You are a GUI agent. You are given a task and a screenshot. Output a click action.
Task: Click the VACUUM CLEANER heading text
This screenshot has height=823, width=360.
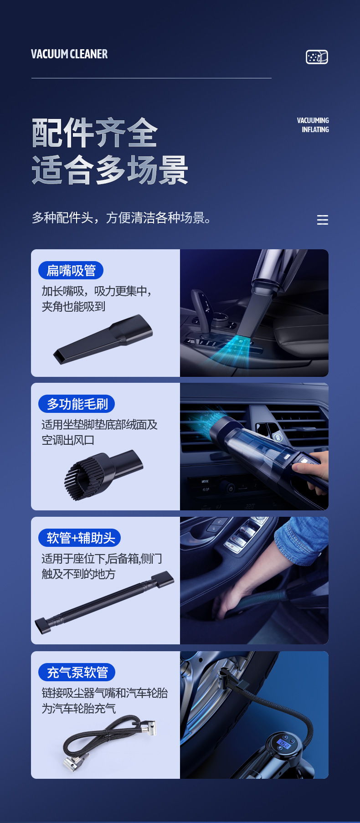pos(69,54)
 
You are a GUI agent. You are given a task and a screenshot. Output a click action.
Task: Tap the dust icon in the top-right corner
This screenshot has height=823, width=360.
pos(317,57)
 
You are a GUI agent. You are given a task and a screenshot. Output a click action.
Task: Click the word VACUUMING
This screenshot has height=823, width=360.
pos(313,120)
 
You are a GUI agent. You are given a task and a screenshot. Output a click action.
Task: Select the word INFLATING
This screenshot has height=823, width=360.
pos(315,129)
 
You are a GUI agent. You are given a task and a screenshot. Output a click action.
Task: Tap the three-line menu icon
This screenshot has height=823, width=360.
pos(323,220)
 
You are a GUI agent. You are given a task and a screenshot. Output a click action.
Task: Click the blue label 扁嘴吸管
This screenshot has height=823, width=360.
pos(71,270)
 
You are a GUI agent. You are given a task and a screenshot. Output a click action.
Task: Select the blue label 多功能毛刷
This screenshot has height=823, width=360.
pos(77,404)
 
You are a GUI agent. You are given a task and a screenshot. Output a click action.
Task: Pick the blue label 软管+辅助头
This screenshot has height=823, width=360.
pos(80,538)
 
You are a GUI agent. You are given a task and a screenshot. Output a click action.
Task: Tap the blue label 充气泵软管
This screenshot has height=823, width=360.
pos(77,672)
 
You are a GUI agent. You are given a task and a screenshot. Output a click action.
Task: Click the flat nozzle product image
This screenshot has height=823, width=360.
pos(103,339)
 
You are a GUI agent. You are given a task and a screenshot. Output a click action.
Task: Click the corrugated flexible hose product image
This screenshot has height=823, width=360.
pos(104,602)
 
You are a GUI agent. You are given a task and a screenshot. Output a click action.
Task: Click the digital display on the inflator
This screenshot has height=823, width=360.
pos(284,744)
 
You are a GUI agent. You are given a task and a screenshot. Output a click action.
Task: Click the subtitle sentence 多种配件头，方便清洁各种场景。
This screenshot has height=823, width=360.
pos(122,218)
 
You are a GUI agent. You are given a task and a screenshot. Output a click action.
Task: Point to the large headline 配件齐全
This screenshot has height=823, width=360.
pos(95,133)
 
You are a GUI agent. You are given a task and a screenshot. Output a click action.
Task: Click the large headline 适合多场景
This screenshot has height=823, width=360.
pos(110,170)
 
